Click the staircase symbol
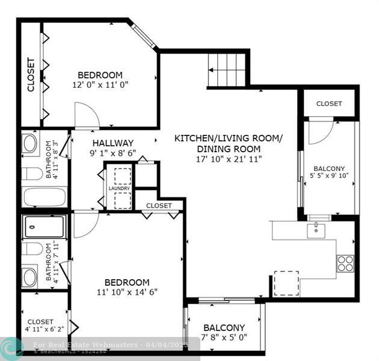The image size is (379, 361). pyautogui.click(x=227, y=69)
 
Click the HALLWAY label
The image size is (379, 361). pyautogui.click(x=113, y=143)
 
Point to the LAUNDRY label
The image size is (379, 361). pyautogui.click(x=119, y=188)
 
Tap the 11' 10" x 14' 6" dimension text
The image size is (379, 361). pyautogui.click(x=127, y=294)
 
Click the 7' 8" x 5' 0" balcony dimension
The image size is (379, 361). pyautogui.click(x=224, y=337)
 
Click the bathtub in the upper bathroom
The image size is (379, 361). pyautogui.click(x=45, y=197)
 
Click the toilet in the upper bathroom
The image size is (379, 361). pyautogui.click(x=30, y=174)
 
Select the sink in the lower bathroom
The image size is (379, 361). pyautogui.click(x=30, y=277)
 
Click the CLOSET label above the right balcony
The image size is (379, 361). pyautogui.click(x=329, y=103)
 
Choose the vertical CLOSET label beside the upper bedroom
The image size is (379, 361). pyautogui.click(x=31, y=75)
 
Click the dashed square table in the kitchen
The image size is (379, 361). pyautogui.click(x=286, y=283)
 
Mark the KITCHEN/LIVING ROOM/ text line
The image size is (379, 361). pyautogui.click(x=228, y=138)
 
